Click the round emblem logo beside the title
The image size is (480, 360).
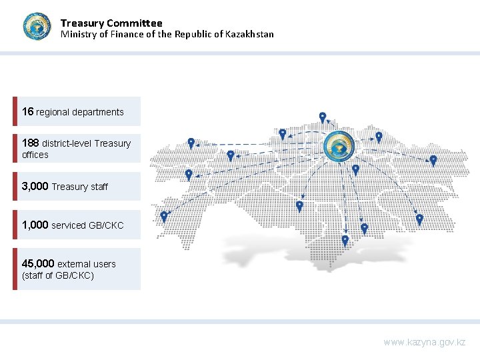click(x=37, y=27)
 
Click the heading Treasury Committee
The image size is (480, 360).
click(x=111, y=23)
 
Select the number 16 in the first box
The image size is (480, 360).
click(x=27, y=111)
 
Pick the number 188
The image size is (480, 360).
click(x=30, y=143)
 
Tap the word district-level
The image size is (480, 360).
click(x=67, y=143)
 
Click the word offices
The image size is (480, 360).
click(x=35, y=155)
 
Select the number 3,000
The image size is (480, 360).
click(x=35, y=186)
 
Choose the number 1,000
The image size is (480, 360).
click(x=35, y=225)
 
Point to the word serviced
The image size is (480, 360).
click(x=69, y=225)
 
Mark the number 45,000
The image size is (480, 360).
click(x=38, y=263)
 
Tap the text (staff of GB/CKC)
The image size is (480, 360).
click(x=58, y=275)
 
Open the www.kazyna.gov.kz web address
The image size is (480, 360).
click(x=424, y=342)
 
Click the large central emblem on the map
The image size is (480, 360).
click(x=339, y=147)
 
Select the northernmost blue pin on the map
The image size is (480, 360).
click(x=323, y=117)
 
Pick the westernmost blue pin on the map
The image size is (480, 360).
click(x=164, y=217)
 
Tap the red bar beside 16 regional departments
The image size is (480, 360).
click(x=15, y=111)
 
